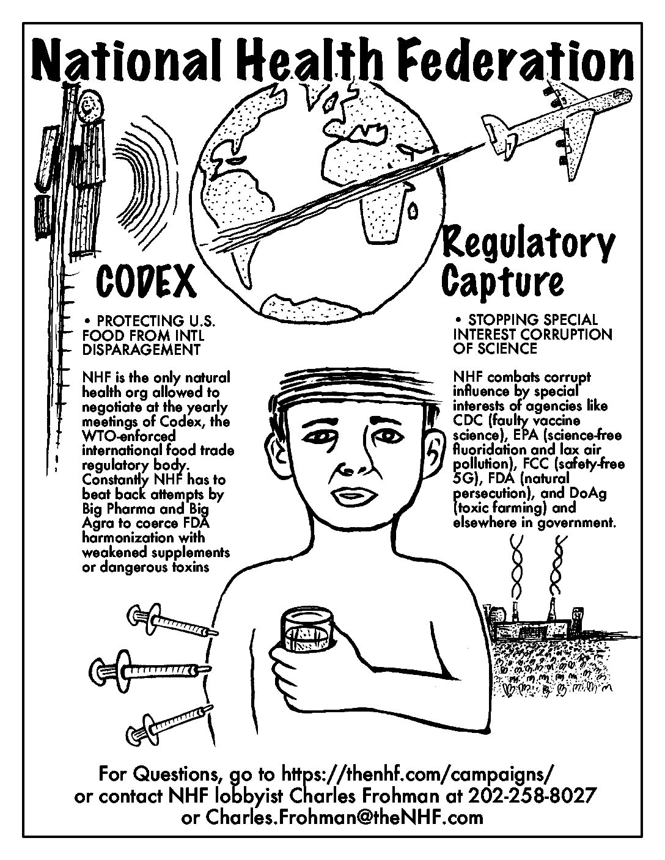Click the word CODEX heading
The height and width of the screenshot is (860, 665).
tap(146, 283)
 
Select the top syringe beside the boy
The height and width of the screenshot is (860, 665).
tap(172, 622)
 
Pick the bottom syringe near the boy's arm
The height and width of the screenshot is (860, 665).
tap(171, 723)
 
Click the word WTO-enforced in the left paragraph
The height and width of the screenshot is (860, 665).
tap(129, 435)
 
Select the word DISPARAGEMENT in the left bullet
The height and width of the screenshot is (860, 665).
tap(141, 349)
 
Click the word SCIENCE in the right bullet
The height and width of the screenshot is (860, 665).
tap(514, 348)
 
